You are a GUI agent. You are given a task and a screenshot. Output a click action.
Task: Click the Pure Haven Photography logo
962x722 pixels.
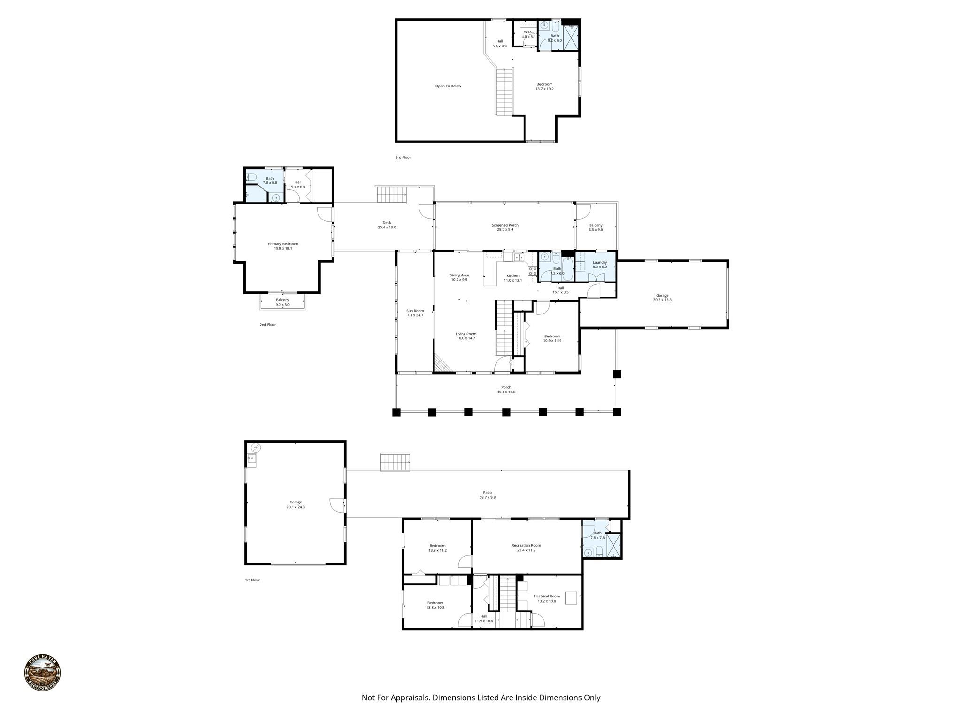[42, 673]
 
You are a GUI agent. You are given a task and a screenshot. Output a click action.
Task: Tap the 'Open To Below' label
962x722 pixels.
[448, 86]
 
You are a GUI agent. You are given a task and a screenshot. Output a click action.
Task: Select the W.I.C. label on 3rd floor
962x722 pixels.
[528, 34]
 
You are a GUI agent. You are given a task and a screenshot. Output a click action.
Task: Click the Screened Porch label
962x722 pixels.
[505, 228]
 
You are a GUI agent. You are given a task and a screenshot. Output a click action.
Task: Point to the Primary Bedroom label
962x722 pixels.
[283, 246]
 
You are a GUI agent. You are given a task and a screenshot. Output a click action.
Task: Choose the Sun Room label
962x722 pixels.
[415, 313]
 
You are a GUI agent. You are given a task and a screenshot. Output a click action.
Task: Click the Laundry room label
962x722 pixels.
[599, 264]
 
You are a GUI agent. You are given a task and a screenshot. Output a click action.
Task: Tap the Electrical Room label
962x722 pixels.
[546, 598]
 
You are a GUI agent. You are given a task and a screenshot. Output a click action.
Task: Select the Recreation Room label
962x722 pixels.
[526, 548]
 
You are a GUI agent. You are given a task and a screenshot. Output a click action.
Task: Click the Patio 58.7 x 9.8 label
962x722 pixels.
[487, 494]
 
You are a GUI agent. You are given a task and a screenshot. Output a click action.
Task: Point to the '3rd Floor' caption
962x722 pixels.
[403, 157]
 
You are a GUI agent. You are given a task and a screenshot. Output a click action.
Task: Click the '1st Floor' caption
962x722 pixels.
[252, 580]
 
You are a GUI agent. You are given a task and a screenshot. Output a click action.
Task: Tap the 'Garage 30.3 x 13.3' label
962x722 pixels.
[662, 298]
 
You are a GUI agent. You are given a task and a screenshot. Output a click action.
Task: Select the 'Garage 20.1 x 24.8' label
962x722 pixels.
[295, 504]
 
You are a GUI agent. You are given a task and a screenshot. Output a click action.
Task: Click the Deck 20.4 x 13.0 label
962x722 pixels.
[387, 225]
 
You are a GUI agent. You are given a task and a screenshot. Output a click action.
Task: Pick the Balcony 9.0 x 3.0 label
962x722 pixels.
[282, 302]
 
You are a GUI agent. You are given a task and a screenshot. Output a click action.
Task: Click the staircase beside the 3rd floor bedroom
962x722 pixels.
[504, 92]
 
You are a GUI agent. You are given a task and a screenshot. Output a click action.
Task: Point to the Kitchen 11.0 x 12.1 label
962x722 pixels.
[512, 278]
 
